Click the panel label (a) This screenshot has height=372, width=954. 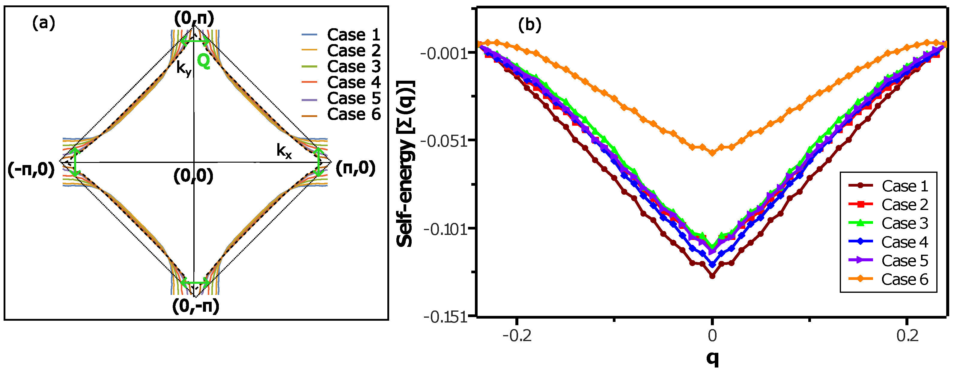(44, 23)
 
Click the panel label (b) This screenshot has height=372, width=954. (529, 25)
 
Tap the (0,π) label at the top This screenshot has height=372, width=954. (194, 18)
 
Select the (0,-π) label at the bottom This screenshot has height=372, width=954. (195, 306)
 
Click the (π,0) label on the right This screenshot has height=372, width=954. (356, 168)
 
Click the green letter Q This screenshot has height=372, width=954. (203, 61)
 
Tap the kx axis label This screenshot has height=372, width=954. (284, 151)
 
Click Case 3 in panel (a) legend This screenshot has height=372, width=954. (354, 67)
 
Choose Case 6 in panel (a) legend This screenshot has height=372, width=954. (354, 114)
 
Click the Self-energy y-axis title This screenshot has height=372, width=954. (406, 163)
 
